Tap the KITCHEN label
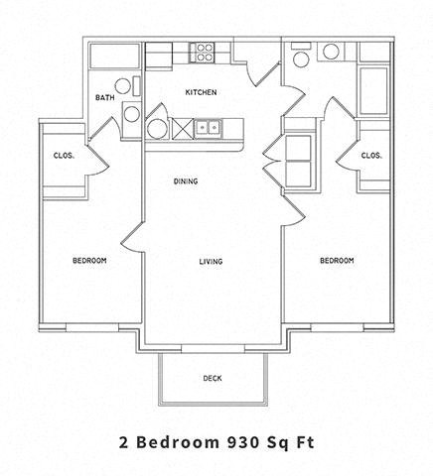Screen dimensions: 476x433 click(201, 93)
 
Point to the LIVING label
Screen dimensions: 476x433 click(210, 262)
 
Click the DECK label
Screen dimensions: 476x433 click(212, 378)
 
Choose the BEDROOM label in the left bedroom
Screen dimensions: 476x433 click(89, 261)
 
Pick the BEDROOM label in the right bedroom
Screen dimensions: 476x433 click(337, 261)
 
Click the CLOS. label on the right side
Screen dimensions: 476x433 click(372, 155)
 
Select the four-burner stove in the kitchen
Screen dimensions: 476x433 click(205, 50)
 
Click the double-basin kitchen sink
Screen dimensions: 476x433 click(208, 127)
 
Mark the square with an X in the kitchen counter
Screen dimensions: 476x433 click(182, 127)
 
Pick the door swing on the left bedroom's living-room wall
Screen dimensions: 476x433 click(133, 238)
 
